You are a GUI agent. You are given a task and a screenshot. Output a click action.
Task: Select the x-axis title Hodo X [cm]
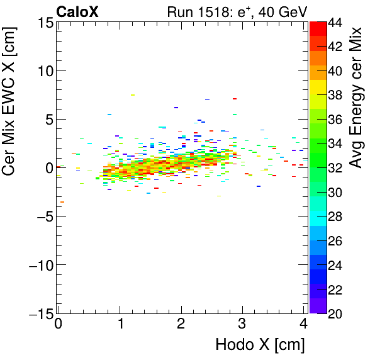(260, 345)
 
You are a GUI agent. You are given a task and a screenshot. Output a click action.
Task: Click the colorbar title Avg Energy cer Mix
(357, 98)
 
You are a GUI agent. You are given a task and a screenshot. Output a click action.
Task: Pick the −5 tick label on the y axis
(42, 217)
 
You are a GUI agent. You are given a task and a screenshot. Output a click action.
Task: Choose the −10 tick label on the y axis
(38, 265)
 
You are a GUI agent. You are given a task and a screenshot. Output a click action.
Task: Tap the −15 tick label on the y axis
(38, 313)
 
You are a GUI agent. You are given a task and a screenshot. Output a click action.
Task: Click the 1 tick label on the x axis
(120, 325)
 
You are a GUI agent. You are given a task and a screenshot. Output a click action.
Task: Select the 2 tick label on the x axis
(181, 325)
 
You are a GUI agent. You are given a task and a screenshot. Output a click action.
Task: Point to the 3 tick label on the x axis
(242, 325)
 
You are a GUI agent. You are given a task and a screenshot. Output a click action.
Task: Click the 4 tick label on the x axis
(303, 325)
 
